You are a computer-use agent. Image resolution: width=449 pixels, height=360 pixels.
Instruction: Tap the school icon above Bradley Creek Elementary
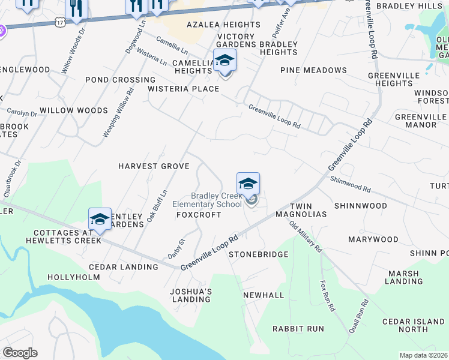[248, 184]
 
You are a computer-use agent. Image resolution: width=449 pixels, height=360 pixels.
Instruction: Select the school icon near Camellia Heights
[224, 60]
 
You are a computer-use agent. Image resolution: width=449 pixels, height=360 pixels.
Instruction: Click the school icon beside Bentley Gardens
[100, 219]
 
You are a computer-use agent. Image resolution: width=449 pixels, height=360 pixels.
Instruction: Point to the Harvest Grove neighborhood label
[154, 166]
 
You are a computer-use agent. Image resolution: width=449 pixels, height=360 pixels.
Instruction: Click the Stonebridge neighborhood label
[259, 254]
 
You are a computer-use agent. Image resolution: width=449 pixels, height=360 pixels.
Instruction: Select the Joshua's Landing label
[191, 295]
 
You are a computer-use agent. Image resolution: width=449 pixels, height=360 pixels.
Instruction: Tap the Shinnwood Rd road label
[350, 183]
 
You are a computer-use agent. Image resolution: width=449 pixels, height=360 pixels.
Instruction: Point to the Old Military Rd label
[306, 236]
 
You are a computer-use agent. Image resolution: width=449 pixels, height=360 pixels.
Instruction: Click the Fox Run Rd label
[327, 296]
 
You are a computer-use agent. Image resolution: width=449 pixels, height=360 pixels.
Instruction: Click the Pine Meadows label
[313, 70]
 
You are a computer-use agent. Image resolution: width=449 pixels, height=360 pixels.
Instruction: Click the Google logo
[20, 353]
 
